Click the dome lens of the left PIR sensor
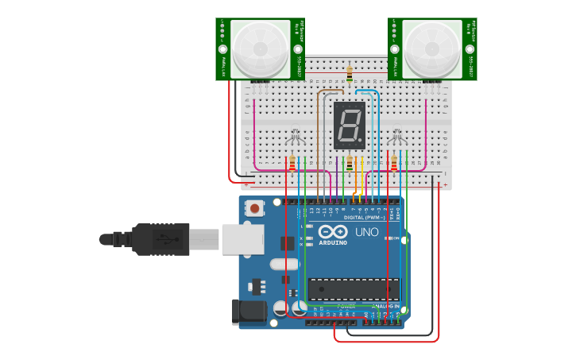coord(261,48)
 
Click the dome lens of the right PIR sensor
coord(431,48)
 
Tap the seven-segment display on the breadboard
coord(350,125)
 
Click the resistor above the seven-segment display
coord(350,74)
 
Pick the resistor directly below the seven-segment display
coord(350,162)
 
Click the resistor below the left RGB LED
coord(292,163)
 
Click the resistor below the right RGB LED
coord(394,163)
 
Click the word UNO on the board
coord(366,232)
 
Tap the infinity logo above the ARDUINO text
coord(333,231)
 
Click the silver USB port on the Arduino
coord(242,238)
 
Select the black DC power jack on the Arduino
coord(248,312)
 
